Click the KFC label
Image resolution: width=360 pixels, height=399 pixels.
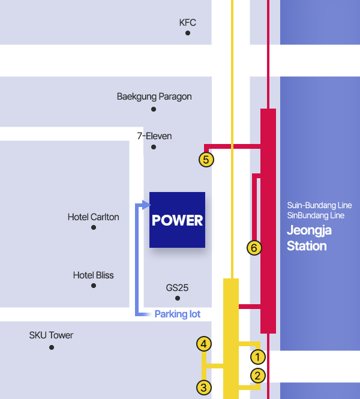click(188, 23)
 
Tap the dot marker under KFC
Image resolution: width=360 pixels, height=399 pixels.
click(188, 33)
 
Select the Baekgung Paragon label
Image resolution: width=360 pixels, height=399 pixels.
click(154, 97)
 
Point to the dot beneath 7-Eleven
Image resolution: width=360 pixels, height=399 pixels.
click(154, 147)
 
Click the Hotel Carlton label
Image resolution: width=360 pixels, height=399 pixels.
click(94, 217)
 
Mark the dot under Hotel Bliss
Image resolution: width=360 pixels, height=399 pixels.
click(94, 286)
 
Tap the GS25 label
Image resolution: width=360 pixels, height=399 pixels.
click(177, 288)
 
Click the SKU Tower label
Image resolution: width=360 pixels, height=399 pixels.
click(51, 335)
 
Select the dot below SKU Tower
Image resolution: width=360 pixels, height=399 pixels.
click(52, 347)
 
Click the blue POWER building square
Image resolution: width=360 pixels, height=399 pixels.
click(178, 220)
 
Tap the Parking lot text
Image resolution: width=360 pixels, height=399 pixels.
click(178, 314)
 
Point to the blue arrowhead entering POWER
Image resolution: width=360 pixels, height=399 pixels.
click(146, 205)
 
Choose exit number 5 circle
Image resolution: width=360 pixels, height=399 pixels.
click(206, 160)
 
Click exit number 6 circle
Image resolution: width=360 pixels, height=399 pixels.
click(254, 248)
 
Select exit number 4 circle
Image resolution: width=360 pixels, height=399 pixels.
click(204, 344)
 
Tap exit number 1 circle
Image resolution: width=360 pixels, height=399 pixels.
click(258, 357)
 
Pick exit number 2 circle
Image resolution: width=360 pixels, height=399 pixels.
click(258, 376)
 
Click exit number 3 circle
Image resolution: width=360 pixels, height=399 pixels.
click(204, 388)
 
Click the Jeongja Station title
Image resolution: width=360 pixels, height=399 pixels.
click(309, 238)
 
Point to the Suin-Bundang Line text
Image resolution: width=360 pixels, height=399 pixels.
click(319, 205)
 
